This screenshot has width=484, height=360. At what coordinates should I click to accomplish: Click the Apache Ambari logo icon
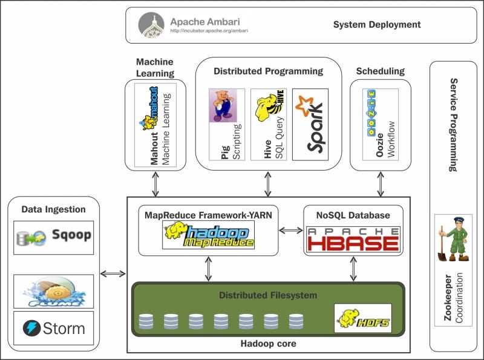(151, 25)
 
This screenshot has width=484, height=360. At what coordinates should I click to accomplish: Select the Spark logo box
(310, 124)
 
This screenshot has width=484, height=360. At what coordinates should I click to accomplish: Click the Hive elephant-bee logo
(268, 106)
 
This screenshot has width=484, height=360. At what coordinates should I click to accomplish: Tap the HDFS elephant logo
(362, 318)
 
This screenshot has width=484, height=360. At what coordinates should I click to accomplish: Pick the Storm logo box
(54, 329)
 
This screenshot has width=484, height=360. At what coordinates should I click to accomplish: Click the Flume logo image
(54, 292)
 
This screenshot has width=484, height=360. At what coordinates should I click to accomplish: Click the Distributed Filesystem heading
(268, 295)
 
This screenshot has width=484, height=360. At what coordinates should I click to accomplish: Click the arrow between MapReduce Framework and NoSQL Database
(290, 231)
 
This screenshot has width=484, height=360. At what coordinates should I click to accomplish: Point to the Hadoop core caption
(268, 344)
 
